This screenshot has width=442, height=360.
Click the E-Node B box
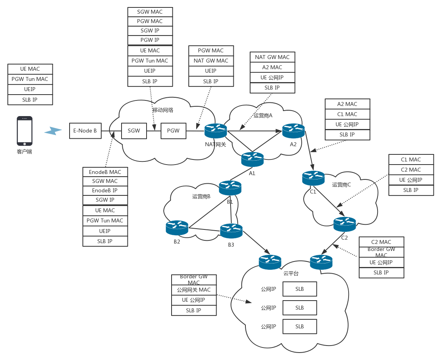(x=85, y=131)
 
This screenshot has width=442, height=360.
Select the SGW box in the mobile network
(x=134, y=131)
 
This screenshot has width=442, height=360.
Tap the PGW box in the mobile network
(x=173, y=131)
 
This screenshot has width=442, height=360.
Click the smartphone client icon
(x=24, y=131)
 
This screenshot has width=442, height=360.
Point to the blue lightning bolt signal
(x=53, y=131)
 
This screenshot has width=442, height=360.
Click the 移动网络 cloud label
(x=163, y=110)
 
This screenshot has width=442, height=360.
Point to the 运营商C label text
(x=342, y=185)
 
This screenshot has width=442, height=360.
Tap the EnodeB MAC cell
(x=105, y=172)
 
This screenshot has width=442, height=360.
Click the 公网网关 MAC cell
(x=194, y=290)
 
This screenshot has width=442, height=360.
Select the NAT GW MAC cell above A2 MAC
(x=272, y=57)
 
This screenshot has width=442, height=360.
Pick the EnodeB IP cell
(x=105, y=191)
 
